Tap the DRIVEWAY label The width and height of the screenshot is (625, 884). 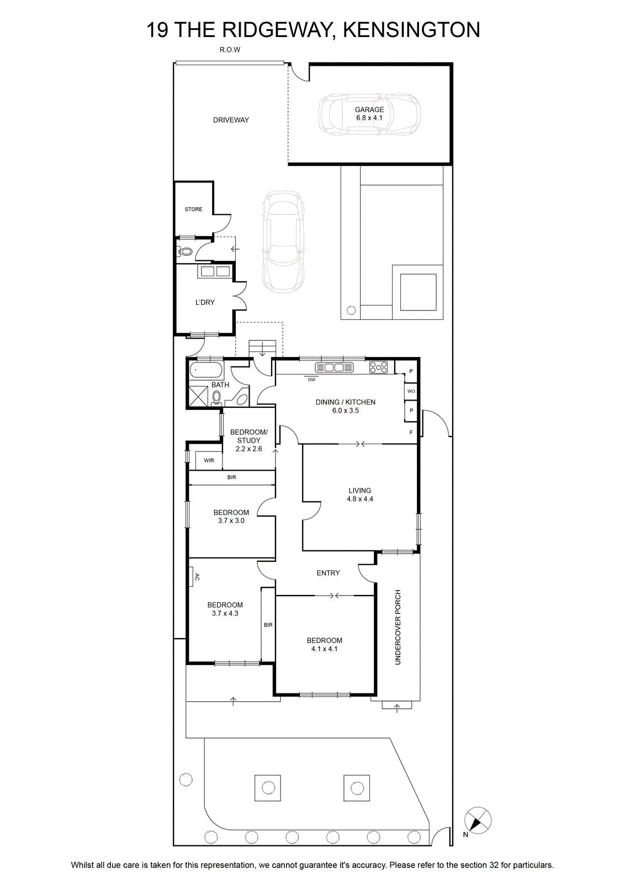point(231,120)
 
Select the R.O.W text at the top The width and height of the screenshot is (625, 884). point(230,50)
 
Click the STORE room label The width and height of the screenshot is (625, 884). point(194,209)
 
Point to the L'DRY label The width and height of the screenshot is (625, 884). point(205,302)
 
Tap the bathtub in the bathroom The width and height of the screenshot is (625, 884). point(206,371)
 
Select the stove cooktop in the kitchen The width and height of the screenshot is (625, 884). point(379,367)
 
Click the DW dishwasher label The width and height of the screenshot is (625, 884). point(311,380)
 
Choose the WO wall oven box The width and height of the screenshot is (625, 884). point(411,391)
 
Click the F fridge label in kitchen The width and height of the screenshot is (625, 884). point(411,433)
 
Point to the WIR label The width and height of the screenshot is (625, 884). point(209,461)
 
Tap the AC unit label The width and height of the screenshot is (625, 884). point(197,577)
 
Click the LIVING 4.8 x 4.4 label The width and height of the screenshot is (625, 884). point(360,494)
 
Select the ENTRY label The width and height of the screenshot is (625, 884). point(328,573)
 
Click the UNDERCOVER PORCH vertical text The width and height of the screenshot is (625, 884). point(398,627)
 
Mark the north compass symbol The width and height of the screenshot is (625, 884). point(478,821)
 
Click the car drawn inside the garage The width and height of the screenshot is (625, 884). point(369,113)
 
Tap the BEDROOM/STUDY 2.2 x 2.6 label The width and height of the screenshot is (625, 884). point(249,440)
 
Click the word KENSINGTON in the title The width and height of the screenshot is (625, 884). point(412,30)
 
